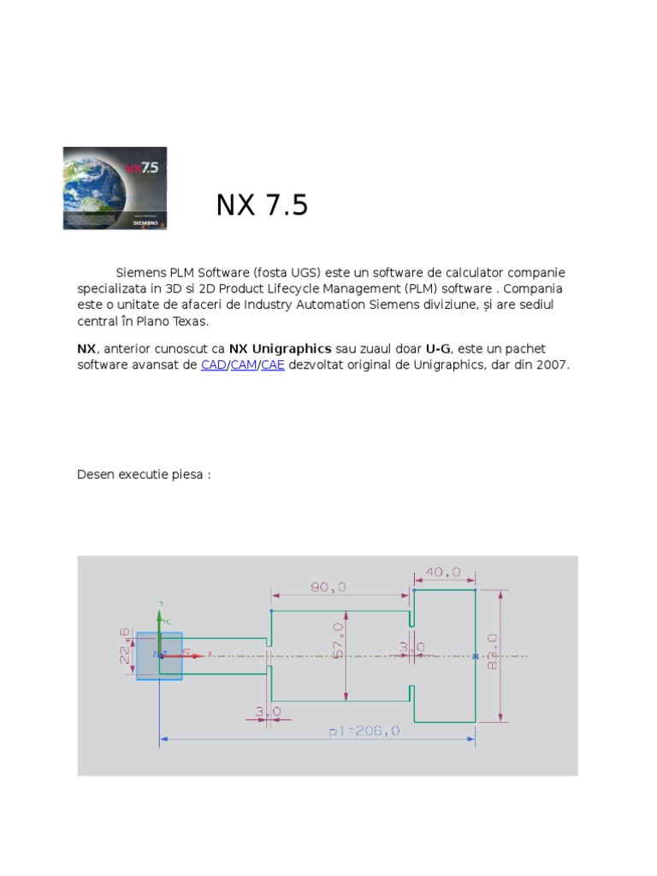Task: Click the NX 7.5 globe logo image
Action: coord(115,187)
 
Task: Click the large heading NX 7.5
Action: coord(261,205)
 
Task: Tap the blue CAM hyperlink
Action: coord(244,365)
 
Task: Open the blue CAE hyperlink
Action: coord(273,365)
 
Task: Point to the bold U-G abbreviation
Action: coord(437,349)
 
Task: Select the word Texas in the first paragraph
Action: coord(191,322)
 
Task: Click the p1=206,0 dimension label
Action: coord(364,732)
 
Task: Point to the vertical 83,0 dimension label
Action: coord(493,652)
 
